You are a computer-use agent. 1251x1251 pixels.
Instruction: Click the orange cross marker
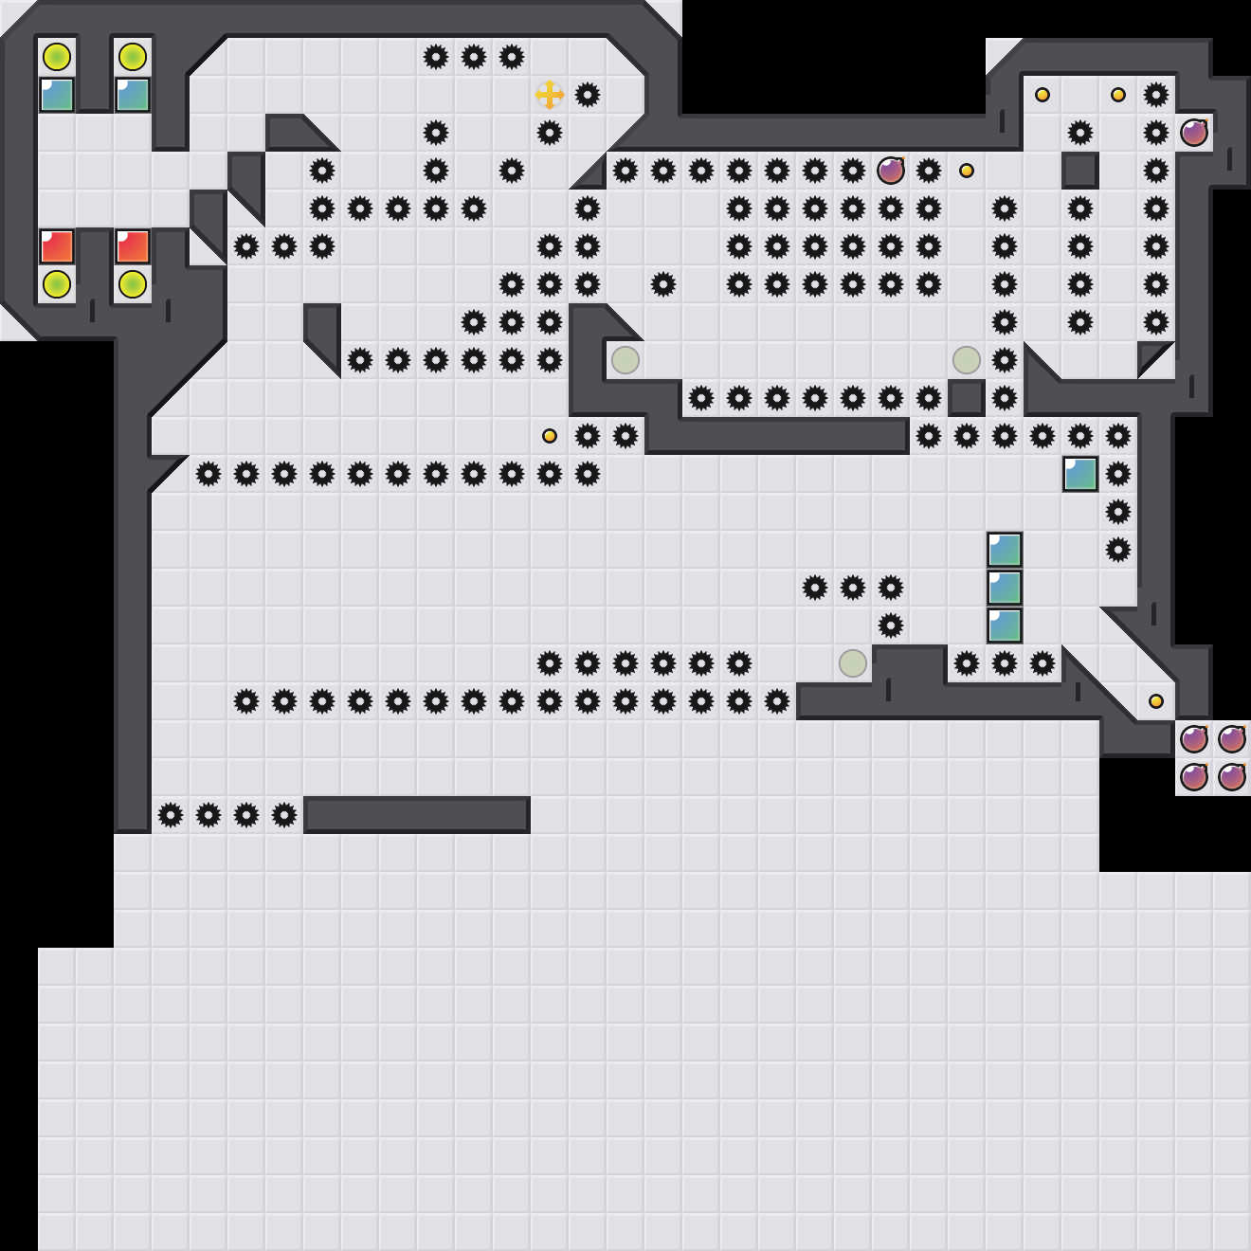pos(550,95)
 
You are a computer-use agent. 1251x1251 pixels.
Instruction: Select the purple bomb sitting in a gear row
pos(891,171)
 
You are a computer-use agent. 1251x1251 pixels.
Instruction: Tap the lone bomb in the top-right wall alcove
pos(1194,133)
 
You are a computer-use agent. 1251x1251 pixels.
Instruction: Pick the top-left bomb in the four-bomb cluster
pos(1194,738)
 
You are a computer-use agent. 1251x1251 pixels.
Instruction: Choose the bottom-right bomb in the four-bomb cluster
pos(1232,777)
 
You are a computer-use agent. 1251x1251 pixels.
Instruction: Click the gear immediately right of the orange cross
pos(588,95)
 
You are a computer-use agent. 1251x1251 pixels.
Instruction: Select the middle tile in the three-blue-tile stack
pos(1005,588)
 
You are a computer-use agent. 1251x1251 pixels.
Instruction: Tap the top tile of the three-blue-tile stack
pos(1005,550)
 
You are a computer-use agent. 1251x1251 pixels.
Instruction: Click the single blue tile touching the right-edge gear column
pos(1080,474)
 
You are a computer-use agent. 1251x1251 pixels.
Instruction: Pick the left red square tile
pos(57,246)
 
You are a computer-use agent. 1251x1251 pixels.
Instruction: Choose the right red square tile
pos(133,246)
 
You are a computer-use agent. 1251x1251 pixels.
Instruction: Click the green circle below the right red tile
pos(133,284)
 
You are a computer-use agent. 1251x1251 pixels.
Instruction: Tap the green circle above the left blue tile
pos(57,57)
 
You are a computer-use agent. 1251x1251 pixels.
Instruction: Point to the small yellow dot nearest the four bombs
pos(1156,701)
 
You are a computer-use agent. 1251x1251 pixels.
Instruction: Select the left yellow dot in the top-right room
pos(1042,95)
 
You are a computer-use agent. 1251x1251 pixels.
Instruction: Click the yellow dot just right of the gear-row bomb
pos(967,171)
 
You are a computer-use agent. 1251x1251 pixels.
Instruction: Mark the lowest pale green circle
pos(853,663)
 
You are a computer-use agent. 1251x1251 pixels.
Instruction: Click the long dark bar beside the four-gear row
pos(417,815)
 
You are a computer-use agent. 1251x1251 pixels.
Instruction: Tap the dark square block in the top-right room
pos(1080,171)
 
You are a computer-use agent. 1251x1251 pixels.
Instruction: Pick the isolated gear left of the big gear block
pos(663,284)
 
